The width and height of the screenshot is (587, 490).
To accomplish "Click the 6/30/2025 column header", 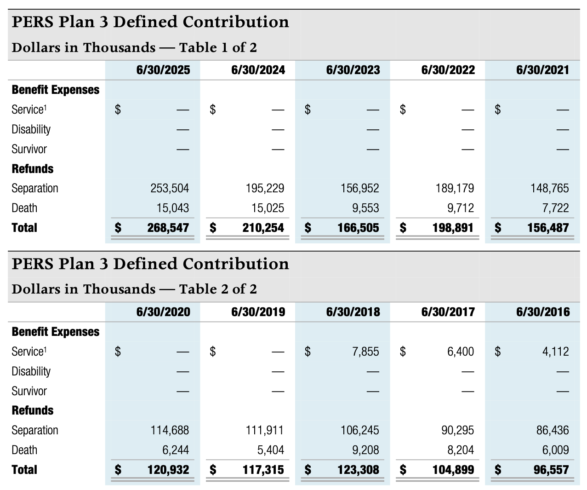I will pyautogui.click(x=163, y=70).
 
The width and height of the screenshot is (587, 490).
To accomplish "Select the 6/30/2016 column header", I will pyautogui.click(x=543, y=312).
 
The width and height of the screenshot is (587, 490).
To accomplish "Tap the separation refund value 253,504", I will pyautogui.click(x=170, y=188).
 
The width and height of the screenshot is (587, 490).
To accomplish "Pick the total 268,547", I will pyautogui.click(x=168, y=228).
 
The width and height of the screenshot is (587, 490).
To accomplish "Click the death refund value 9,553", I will pyautogui.click(x=365, y=208).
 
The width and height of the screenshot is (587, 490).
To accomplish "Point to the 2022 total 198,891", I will pyautogui.click(x=453, y=228).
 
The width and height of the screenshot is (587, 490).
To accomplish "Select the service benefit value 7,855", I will pyautogui.click(x=365, y=352).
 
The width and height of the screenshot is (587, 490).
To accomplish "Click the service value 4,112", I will pyautogui.click(x=555, y=352).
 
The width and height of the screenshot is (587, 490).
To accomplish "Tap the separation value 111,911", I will pyautogui.click(x=265, y=430).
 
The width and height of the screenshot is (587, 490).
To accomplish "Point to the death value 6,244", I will pyautogui.click(x=176, y=450).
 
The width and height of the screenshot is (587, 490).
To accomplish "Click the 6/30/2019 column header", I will pyautogui.click(x=258, y=312).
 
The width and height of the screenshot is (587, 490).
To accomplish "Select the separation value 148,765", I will pyautogui.click(x=549, y=188).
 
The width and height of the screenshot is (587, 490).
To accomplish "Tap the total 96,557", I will pyautogui.click(x=549, y=470).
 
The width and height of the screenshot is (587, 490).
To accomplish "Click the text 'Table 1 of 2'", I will pyautogui.click(x=218, y=47).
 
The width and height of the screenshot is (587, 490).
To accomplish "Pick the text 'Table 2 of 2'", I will pyautogui.click(x=218, y=289).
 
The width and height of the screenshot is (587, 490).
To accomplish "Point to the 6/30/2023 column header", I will pyautogui.click(x=353, y=70).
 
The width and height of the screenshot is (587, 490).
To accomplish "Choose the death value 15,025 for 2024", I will pyautogui.click(x=268, y=208).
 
